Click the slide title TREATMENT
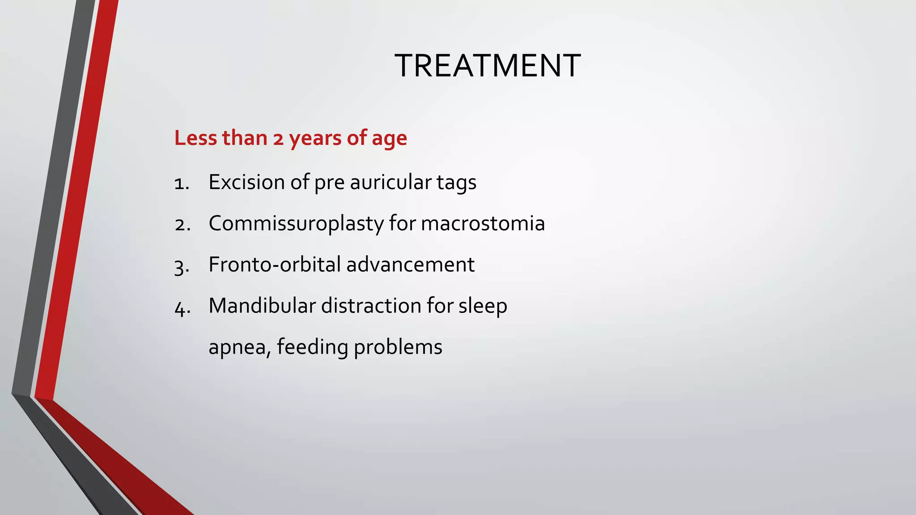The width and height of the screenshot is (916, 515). tap(488, 66)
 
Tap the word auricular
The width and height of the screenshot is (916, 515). tap(390, 182)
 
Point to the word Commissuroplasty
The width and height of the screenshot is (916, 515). tap(296, 224)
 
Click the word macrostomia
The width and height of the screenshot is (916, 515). tap(483, 223)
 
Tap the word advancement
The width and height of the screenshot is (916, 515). tap(410, 264)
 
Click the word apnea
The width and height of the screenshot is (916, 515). tap(237, 347)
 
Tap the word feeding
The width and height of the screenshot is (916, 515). tap(312, 347)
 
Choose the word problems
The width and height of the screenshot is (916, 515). tap(398, 347)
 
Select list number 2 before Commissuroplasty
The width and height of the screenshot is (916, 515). tap(181, 224)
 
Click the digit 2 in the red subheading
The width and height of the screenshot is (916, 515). tap(278, 139)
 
